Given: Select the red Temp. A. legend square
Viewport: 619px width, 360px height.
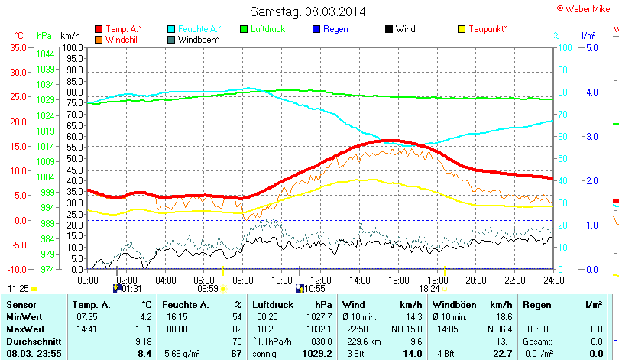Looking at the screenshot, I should click(99, 29).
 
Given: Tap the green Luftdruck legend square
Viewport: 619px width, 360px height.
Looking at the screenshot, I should click(245, 29).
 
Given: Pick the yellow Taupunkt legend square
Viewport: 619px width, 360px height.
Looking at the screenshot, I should click(462, 29).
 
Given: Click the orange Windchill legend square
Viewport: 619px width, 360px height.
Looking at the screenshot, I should click(99, 39).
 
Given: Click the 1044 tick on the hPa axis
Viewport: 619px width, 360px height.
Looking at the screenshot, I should click(45, 54).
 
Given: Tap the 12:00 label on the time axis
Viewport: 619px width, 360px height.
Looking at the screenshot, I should click(322, 281).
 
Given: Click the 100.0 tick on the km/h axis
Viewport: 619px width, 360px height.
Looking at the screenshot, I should click(73, 47).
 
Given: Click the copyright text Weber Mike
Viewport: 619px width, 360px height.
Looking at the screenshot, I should click(586, 7).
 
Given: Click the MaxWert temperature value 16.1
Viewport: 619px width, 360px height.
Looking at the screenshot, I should click(144, 328).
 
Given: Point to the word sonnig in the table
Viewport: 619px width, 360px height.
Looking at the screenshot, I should click(264, 353).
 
